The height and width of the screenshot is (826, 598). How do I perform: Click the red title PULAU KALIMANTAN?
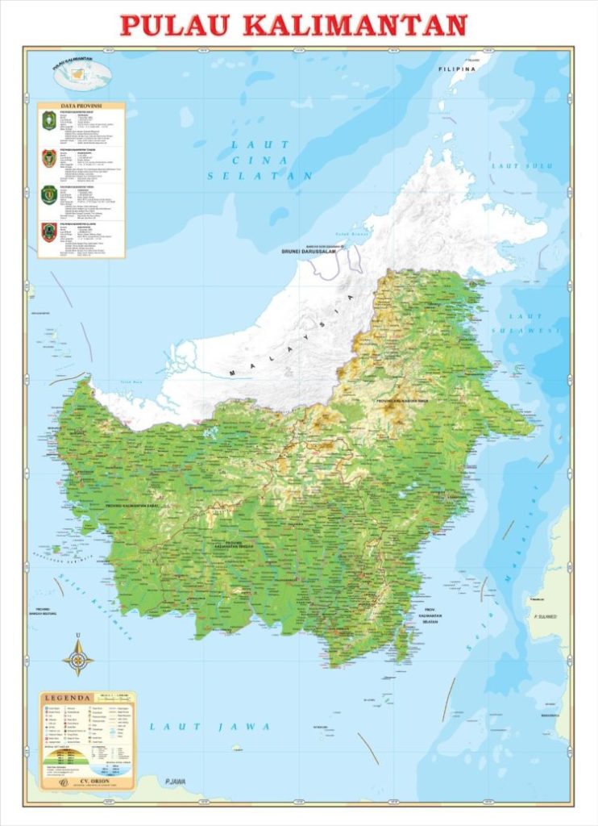293,25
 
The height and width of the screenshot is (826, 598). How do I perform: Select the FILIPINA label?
457,70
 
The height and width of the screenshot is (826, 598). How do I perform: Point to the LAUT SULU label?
521,166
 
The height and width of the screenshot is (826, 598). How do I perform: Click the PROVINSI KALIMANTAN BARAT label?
131,506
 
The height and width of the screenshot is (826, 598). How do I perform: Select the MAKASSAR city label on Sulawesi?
550,715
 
